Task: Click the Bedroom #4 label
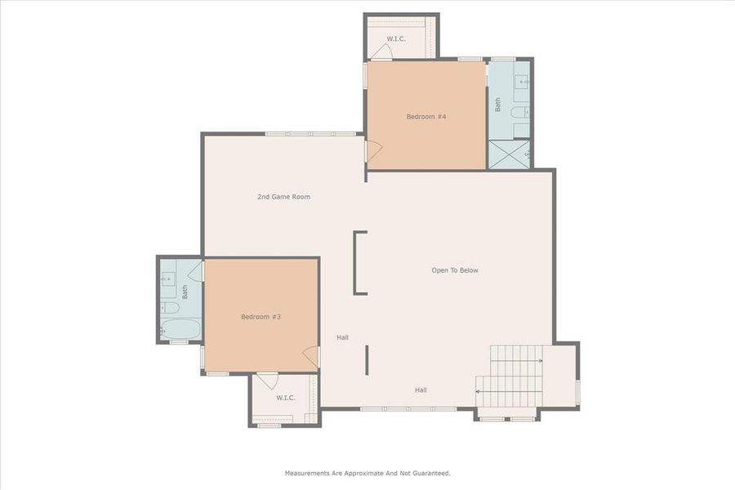[426, 117]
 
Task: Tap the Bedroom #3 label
[261, 316]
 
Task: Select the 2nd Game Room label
[283, 197]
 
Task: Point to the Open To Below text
[455, 270]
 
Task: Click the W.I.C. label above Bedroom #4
[396, 38]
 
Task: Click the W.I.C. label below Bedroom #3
[285, 398]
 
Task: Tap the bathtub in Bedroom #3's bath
[180, 329]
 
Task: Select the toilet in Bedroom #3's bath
[170, 307]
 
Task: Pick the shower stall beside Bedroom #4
[509, 154]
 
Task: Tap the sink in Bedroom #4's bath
[520, 82]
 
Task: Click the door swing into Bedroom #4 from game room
[373, 151]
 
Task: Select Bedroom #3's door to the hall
[311, 356]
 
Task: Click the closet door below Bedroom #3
[267, 381]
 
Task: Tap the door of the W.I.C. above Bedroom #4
[381, 51]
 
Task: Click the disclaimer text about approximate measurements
[367, 473]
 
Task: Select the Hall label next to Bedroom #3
[343, 336]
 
